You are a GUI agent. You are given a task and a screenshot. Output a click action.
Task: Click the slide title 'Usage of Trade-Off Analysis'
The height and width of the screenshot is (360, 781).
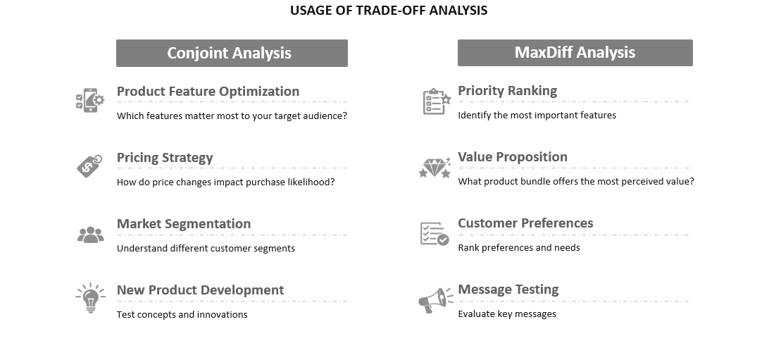389,11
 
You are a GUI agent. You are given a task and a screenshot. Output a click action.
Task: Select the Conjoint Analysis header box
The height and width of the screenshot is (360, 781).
232,53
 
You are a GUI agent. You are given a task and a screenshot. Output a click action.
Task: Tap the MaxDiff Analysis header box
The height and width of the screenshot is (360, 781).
575,52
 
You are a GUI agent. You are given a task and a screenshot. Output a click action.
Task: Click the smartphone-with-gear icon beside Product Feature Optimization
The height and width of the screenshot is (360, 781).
90,100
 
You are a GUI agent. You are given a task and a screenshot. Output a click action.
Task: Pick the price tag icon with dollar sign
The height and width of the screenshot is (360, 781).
89,166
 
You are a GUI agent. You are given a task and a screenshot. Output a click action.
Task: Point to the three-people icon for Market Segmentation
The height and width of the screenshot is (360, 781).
91,235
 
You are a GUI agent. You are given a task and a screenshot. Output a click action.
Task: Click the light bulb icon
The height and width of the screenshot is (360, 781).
91,298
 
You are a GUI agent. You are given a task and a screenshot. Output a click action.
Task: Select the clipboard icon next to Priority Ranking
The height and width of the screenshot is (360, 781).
437,101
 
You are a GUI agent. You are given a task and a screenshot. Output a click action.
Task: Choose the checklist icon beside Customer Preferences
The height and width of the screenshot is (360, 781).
435,233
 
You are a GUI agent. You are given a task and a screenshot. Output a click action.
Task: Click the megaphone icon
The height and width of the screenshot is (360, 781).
436,300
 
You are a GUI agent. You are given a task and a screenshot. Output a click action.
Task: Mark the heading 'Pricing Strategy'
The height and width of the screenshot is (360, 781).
165,158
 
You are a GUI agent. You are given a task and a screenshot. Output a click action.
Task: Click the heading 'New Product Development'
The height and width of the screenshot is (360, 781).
200,290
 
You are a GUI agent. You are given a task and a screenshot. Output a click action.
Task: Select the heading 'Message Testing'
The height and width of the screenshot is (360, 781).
508,289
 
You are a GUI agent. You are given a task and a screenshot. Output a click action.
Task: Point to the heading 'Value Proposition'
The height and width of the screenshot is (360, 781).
513,156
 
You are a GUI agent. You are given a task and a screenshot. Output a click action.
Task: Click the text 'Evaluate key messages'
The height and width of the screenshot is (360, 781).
507,314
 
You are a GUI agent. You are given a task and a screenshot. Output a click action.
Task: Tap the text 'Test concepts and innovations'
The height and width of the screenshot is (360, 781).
182,314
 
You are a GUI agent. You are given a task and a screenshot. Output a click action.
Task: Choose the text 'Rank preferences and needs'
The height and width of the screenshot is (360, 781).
519,247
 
